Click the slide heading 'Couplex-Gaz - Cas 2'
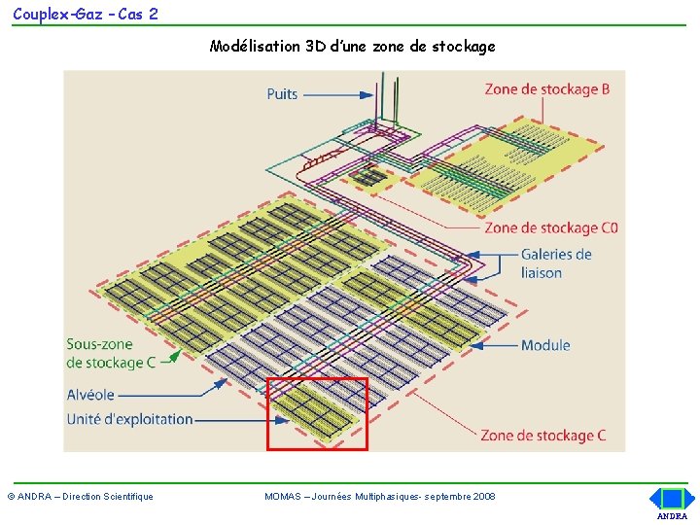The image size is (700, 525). click(86, 15)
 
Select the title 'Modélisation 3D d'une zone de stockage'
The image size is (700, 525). click(352, 46)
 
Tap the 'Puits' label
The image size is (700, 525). click(282, 94)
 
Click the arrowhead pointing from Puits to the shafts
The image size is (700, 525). click(367, 94)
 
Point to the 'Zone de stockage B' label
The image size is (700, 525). click(547, 89)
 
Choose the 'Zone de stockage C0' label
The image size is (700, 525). click(551, 228)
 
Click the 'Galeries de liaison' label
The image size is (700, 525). click(556, 263)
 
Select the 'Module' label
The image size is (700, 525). click(545, 345)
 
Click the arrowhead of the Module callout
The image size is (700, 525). click(475, 345)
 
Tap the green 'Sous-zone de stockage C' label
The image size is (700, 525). click(111, 353)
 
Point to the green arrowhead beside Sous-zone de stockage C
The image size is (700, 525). click(176, 356)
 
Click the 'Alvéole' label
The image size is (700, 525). click(90, 395)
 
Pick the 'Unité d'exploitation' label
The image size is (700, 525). click(129, 419)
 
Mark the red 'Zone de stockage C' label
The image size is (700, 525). click(543, 436)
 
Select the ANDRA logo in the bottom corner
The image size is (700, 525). click(673, 504)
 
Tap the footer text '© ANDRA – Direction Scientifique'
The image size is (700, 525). click(81, 497)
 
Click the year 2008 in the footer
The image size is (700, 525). click(484, 497)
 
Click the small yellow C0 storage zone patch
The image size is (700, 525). click(370, 179)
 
